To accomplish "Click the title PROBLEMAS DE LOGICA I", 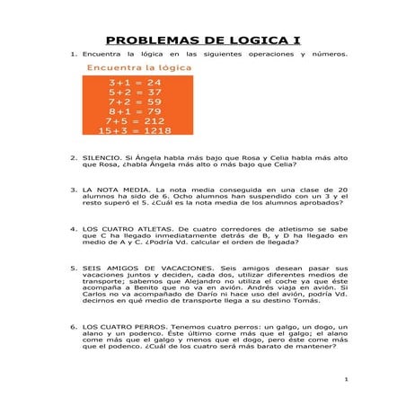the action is coord(203,40).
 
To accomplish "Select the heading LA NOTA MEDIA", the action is coord(116,190).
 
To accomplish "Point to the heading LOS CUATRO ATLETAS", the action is coord(126,229).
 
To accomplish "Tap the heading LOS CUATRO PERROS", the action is coord(122,328).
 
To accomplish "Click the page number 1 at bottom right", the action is coord(345,381).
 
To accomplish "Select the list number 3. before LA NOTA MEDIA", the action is coord(73,190).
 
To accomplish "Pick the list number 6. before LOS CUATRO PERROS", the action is coord(73,328).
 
